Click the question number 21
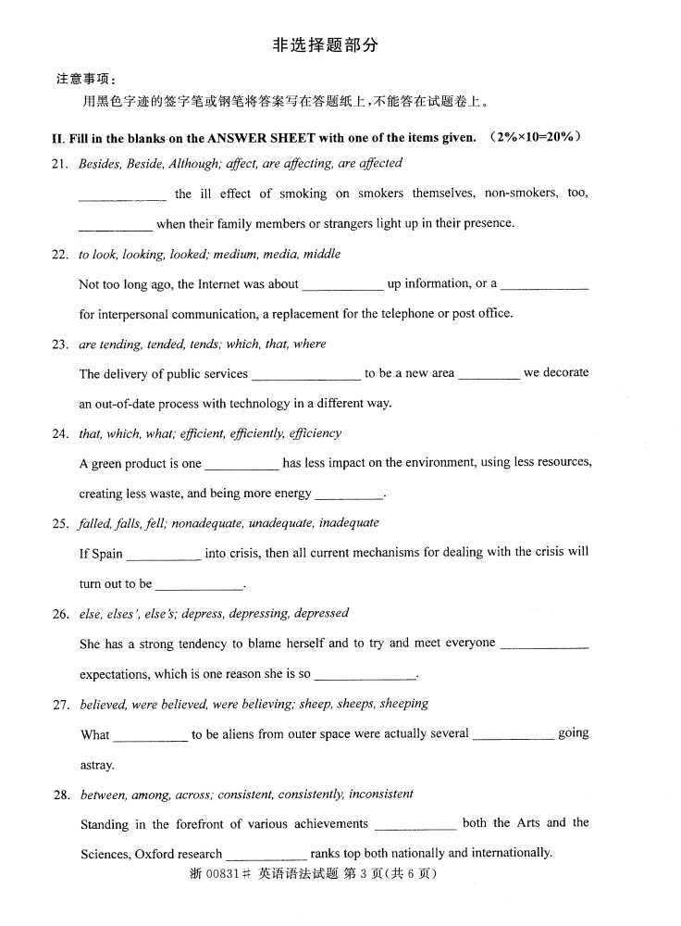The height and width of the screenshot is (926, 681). pos(60,164)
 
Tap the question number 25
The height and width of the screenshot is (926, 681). pos(60,523)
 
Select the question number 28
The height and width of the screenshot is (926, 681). pos(61,795)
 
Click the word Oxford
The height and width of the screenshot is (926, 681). pos(154,854)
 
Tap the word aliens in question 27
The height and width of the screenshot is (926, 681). pos(229,734)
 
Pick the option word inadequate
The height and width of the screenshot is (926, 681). pos(349,522)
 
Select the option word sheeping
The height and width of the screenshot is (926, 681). pos(403,703)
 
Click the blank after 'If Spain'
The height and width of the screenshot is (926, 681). pos(163,556)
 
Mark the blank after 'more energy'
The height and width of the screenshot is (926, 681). pos(349,495)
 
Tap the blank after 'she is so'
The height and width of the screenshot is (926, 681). pos(365,676)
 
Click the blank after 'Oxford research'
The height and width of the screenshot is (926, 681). pos(266,857)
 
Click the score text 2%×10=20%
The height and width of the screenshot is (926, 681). pos(538,137)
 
